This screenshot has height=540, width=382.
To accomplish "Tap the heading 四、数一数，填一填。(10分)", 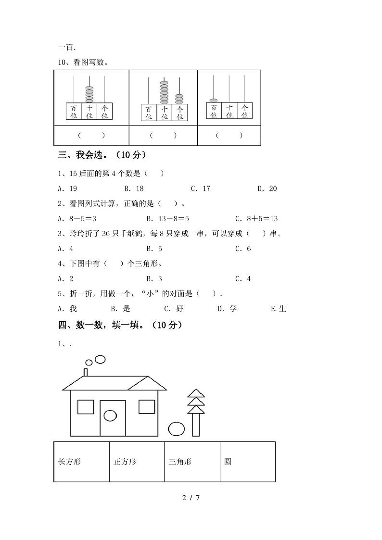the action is pos(120,325).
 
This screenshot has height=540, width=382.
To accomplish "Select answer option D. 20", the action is pos(267,188).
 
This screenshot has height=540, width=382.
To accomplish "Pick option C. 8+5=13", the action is pos(256,218).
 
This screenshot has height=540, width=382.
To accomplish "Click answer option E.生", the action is pos(279,308).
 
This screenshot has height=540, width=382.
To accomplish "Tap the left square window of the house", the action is pos(86,406).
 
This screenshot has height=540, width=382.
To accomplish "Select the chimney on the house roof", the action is pos(86,372).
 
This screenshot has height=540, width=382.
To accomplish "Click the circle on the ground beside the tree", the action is pos(176,428).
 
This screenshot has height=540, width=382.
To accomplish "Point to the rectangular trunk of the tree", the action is pos(196,425).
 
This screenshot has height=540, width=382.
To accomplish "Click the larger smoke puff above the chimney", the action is pos(100,359).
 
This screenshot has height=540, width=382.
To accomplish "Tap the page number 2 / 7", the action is pos(191,497).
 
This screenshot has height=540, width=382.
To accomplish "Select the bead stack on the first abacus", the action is pos(89,94).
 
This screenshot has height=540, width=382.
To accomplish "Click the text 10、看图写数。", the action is pos(83,62).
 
